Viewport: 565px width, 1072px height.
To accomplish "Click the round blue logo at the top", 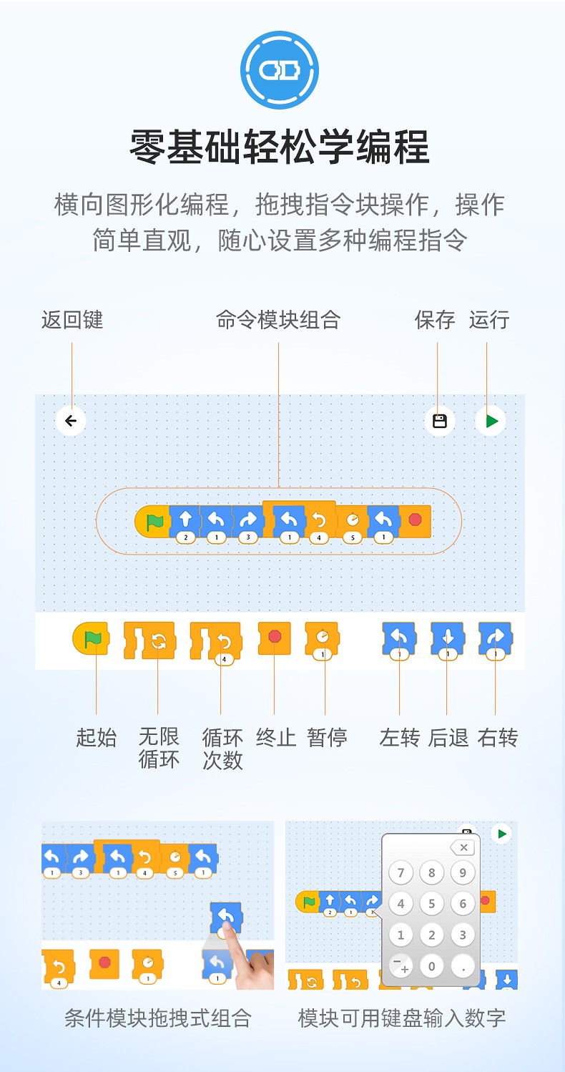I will [279, 69].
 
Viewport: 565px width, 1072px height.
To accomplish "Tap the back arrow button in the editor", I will [71, 421].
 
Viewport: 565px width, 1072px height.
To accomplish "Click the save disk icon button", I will [440, 421].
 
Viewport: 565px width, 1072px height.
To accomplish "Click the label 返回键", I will [72, 320].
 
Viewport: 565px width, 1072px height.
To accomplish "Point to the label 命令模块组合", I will [278, 320].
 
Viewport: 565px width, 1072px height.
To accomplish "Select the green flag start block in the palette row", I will [91, 638].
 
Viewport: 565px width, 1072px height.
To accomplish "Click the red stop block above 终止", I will [274, 637].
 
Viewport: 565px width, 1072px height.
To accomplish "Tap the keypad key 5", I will [431, 904].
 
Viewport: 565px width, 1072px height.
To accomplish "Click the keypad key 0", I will [431, 966].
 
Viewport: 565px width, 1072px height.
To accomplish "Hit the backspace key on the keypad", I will [463, 848].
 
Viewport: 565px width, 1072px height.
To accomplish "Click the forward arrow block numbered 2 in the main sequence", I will [185, 520].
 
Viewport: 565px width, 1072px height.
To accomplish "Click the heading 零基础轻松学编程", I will [279, 147].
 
